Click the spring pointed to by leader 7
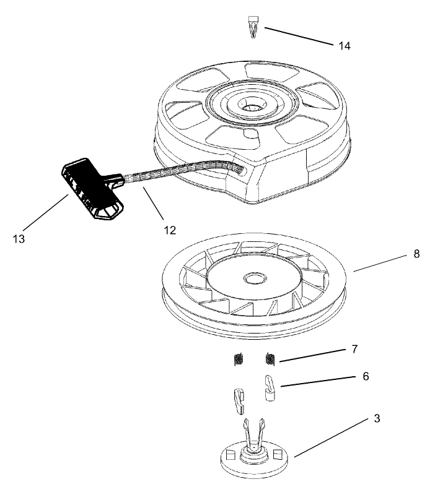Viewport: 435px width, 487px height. tap(270, 358)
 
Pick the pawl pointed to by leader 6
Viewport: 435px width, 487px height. tap(270, 387)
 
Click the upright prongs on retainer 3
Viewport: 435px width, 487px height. tap(253, 429)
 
